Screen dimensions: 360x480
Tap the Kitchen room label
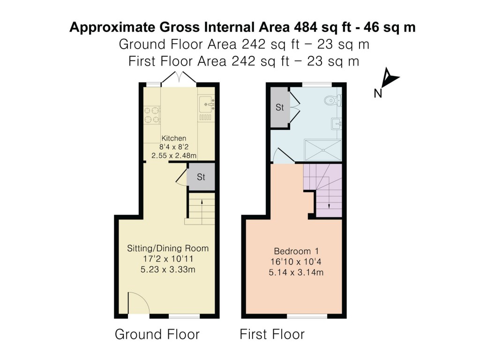coord(174,138)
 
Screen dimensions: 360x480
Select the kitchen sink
coord(206,104)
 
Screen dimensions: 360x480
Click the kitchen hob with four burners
coord(152,115)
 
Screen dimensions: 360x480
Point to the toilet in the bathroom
coord(335,99)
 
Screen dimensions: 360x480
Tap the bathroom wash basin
coord(337,124)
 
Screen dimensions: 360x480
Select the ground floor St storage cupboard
coord(201,177)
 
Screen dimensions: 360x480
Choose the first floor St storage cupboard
coord(280,107)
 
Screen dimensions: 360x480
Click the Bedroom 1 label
coord(293,250)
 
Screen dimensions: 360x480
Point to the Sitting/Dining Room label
coord(168,248)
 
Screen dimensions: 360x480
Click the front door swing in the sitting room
coord(139,303)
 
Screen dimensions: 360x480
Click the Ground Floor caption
coord(157,334)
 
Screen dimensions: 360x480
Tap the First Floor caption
coord(272,334)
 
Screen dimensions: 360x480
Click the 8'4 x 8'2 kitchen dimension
coord(174,146)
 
